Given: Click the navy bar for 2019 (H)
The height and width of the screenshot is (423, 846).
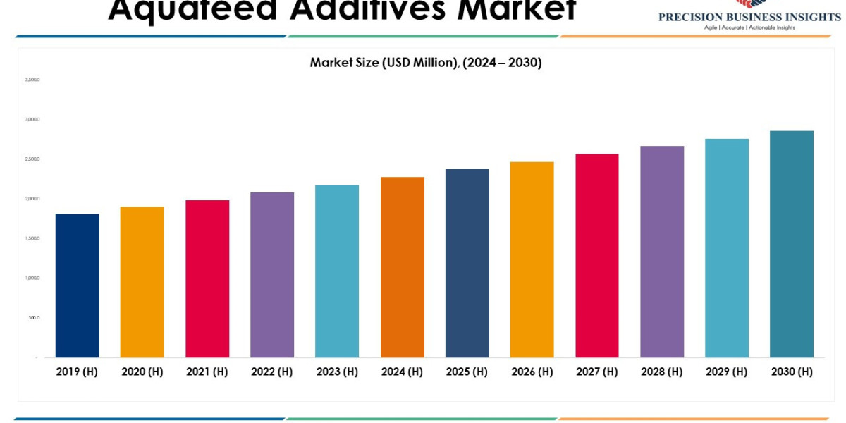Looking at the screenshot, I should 77,286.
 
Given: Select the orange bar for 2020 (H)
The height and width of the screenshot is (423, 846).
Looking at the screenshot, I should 142,282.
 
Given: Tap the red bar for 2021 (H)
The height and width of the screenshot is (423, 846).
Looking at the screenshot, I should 207,278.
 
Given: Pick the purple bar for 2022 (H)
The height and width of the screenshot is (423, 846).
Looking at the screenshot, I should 272,275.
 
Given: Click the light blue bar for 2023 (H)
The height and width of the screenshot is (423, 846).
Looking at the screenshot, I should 337,271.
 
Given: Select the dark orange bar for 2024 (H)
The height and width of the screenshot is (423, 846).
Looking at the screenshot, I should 402,267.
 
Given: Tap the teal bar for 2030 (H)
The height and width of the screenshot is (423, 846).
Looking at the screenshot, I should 791,244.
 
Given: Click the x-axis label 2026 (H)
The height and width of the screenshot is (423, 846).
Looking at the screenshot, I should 532,372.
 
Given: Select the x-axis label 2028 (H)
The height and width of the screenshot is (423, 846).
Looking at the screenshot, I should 661,372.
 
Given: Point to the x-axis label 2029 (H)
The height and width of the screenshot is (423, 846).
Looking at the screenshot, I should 726,372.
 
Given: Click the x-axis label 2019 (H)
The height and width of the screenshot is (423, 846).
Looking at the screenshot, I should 77,372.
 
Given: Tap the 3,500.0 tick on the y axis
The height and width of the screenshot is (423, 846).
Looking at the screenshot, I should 32,80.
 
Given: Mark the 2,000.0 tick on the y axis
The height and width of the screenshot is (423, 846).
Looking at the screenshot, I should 32,199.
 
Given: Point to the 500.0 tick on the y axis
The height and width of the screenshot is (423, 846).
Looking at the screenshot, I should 34,317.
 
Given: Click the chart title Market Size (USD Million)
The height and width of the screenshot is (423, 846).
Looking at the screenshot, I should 426,62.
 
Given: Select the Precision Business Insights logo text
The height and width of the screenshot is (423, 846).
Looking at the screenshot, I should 749,16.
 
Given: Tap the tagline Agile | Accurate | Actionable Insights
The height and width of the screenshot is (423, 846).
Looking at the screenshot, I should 749,27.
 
